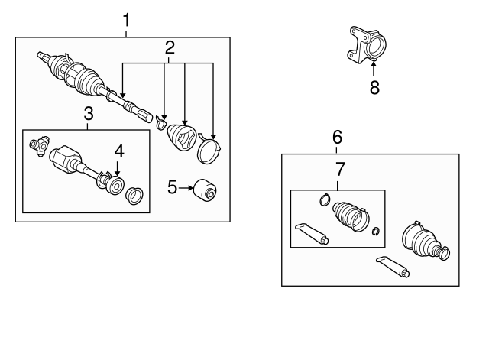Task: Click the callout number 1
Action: pos(126,20)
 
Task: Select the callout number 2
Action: pos(170,47)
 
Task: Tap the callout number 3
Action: pos(89,114)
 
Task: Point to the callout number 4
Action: pos(119,151)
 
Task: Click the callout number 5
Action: pos(172,187)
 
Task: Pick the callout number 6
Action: pos(338,138)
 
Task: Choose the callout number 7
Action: pos(340,170)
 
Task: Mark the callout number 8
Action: pos(374,87)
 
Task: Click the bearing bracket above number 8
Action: pos(367,46)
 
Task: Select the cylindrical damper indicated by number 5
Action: pos(205,190)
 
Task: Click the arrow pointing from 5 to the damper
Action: pos(186,188)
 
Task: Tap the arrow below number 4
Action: pos(117,168)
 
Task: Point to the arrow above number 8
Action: pos(374,69)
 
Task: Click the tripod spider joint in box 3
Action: pos(39,145)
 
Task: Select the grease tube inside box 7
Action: pos(312,234)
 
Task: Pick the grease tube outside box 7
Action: pos(393,267)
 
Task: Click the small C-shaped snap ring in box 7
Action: pos(376,232)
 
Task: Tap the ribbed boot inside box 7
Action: pos(351,216)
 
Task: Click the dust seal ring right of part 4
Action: pos(134,196)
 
